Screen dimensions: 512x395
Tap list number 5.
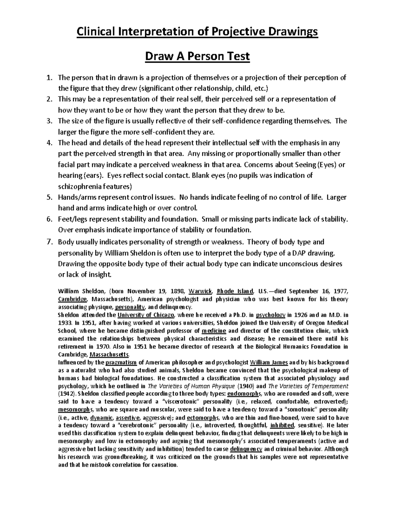point(49,197)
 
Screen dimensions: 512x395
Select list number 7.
point(49,242)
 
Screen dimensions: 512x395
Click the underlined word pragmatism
point(121,362)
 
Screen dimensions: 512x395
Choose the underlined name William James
point(269,362)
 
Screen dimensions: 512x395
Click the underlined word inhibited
point(282,426)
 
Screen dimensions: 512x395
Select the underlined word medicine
point(214,331)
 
